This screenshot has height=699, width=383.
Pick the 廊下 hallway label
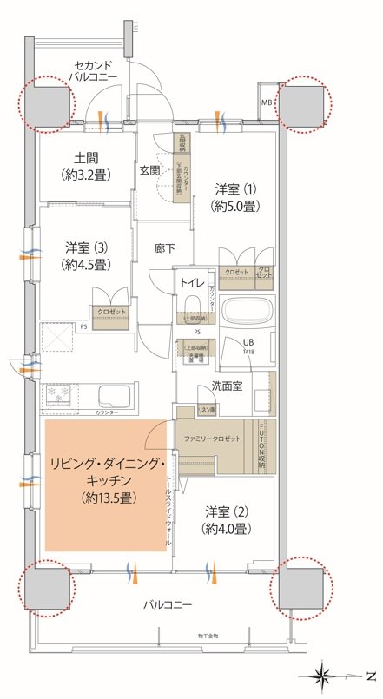point(165,249)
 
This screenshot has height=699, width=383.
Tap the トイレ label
point(192,284)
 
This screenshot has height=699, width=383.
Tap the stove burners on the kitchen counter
point(62,395)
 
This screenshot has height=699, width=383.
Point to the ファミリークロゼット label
point(214,439)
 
